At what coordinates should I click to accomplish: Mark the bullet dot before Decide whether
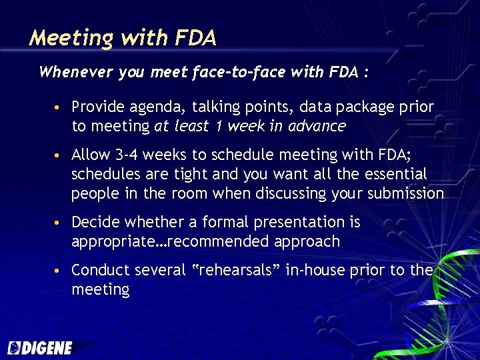(x=60, y=223)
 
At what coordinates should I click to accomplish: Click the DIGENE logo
(x=40, y=347)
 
